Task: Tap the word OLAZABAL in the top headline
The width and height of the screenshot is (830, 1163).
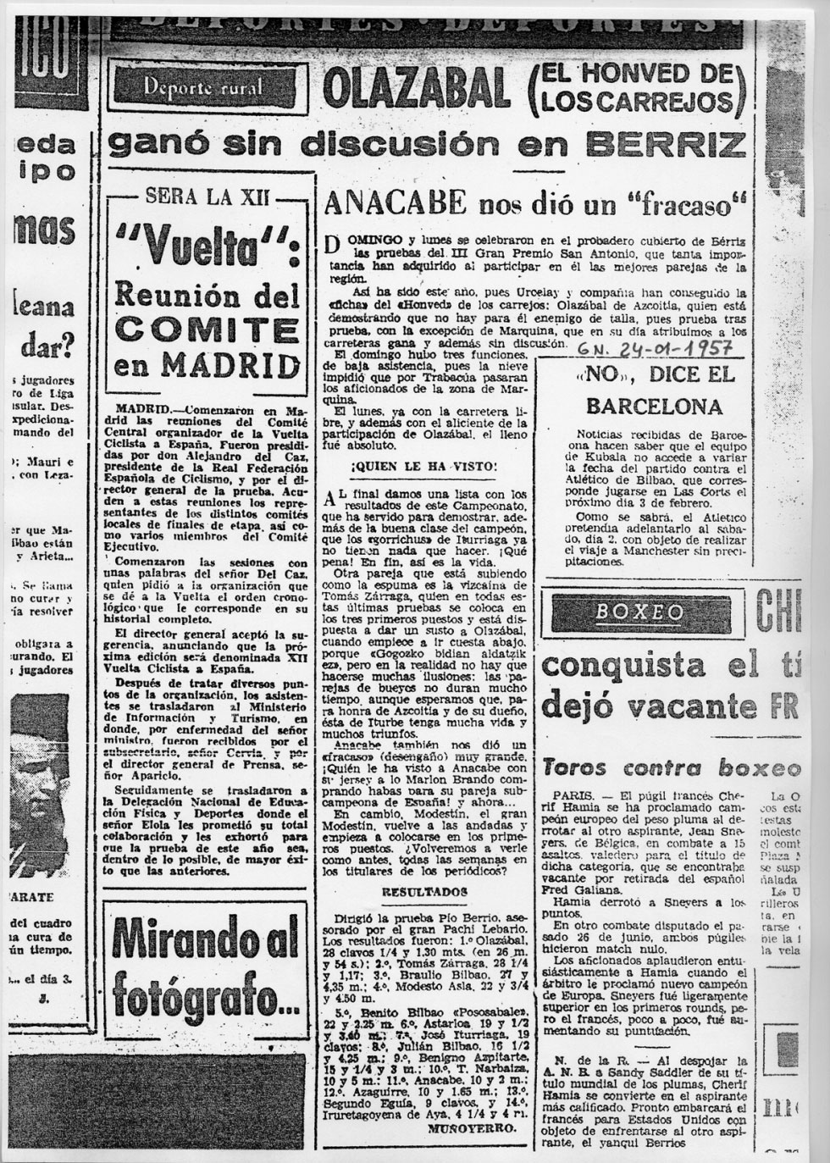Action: (x=417, y=90)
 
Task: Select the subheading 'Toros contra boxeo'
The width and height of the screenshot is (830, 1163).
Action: (x=672, y=767)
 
